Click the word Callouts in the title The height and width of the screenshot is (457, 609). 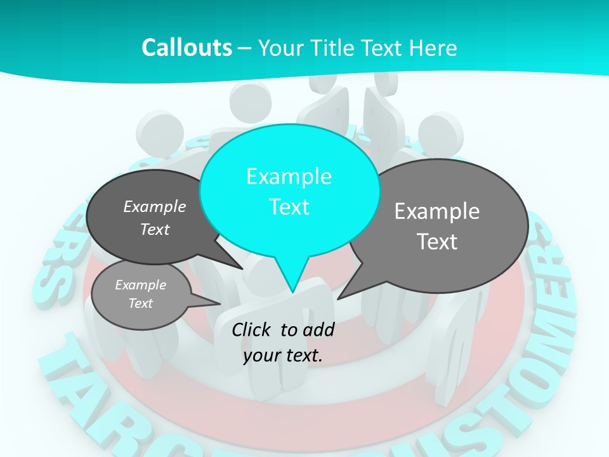click(187, 48)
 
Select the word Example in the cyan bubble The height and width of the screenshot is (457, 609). click(289, 176)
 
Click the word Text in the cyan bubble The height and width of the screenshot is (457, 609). click(289, 207)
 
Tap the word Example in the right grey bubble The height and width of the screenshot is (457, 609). click(437, 211)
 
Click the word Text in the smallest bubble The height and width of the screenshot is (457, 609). click(140, 303)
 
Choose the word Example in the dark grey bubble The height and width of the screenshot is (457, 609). click(155, 206)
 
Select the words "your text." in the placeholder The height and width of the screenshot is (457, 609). click(283, 355)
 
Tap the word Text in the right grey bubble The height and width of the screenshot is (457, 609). click(437, 242)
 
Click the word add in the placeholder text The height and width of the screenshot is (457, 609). click(319, 329)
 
